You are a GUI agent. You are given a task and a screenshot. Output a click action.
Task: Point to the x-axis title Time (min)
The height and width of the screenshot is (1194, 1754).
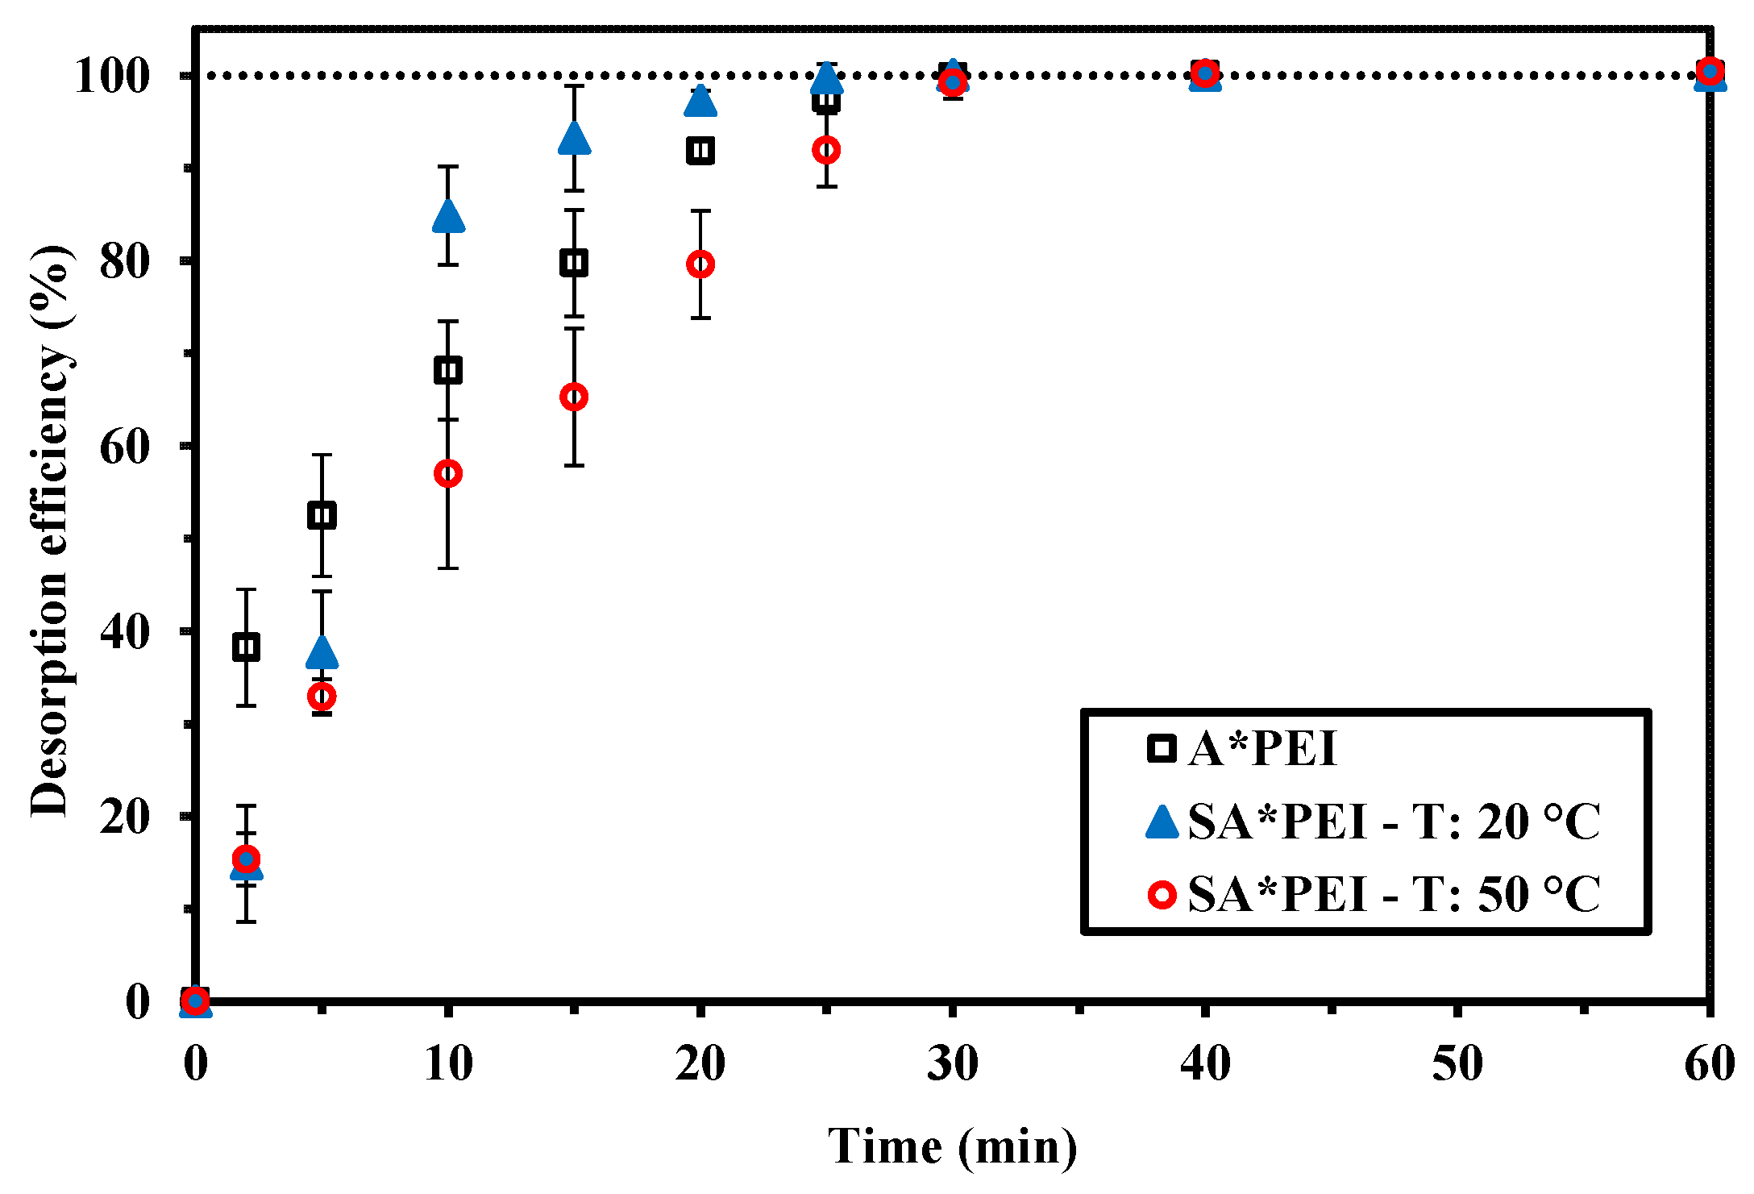(952, 1146)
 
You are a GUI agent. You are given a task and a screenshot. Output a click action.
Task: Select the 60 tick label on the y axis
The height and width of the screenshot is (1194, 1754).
(125, 446)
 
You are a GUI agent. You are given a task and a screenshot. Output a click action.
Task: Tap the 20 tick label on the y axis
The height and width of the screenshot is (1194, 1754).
(125, 816)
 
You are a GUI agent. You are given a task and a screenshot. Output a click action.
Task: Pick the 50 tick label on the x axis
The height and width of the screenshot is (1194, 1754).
(1457, 1063)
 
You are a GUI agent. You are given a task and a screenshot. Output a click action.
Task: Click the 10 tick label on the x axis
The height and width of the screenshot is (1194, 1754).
(448, 1063)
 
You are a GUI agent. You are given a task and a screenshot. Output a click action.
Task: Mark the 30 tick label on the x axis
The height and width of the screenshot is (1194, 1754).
(952, 1063)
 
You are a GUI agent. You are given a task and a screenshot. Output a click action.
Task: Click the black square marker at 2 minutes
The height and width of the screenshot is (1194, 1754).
(246, 647)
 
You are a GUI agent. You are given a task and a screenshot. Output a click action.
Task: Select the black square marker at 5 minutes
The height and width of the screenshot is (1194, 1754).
(322, 515)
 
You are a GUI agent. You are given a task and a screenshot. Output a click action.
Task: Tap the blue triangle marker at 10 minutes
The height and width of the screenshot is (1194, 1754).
(448, 216)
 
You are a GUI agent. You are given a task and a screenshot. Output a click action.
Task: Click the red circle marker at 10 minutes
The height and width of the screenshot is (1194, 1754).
(448, 473)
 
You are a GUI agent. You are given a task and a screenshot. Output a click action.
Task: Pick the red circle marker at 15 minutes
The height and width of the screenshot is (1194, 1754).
(574, 397)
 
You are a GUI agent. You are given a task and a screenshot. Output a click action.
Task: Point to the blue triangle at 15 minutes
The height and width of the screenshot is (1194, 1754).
(574, 139)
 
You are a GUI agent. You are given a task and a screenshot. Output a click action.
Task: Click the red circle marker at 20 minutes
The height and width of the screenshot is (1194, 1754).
(700, 264)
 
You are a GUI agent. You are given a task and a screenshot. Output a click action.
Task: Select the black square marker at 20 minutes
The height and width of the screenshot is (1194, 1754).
(700, 151)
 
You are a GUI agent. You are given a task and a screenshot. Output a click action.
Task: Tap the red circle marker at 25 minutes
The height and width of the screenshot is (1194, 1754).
(826, 150)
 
